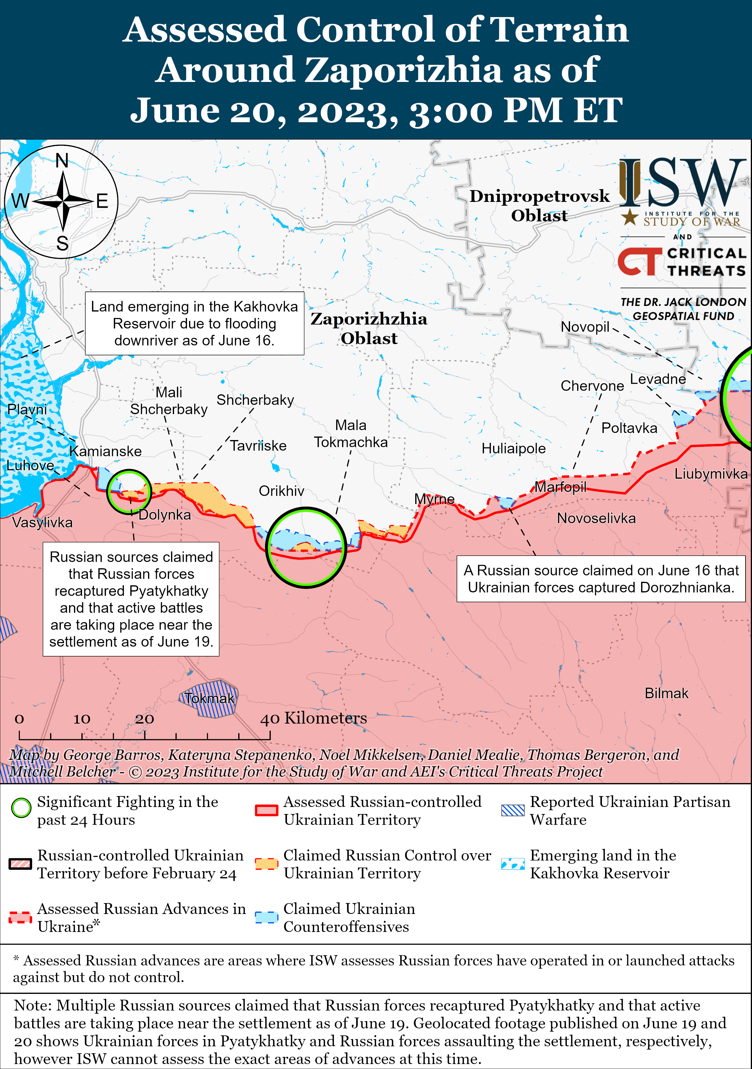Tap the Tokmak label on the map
coord(209,699)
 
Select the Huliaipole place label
coord(513,448)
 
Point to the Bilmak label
coord(666,693)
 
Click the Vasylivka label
coord(42,522)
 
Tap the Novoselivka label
coord(596,518)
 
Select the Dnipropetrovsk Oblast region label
coord(539,205)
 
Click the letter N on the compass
coord(62,161)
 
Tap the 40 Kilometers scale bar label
coord(313,718)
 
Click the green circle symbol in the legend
coord(21,808)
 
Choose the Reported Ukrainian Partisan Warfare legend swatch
coord(513,811)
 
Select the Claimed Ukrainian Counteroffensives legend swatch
coord(267,917)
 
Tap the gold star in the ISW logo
coord(630,217)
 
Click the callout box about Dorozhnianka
coord(601,579)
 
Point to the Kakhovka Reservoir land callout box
coord(194,324)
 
